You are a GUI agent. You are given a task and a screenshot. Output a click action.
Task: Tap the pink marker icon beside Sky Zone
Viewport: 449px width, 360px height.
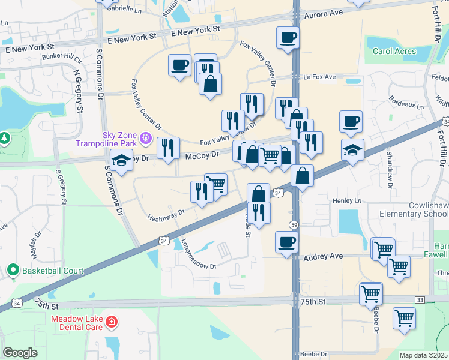[145, 140]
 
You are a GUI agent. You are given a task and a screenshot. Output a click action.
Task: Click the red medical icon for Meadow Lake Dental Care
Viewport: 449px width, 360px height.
[111, 323]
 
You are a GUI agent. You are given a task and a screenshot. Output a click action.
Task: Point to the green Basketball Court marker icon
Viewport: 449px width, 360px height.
[12, 271]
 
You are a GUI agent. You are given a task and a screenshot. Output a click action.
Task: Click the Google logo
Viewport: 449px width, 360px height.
[20, 353]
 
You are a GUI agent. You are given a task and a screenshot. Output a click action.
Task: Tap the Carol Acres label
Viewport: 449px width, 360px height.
[394, 51]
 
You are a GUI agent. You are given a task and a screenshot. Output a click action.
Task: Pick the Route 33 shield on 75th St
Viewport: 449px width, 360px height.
[419, 299]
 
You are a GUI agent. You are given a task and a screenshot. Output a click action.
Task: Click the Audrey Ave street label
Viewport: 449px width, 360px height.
[323, 256]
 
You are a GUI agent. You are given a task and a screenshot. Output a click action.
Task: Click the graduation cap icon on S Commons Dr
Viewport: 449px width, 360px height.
[122, 160]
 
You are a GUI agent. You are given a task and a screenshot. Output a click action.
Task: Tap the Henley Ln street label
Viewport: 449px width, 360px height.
[349, 200]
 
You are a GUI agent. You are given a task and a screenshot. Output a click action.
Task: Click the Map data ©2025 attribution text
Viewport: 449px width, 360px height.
[424, 355]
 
